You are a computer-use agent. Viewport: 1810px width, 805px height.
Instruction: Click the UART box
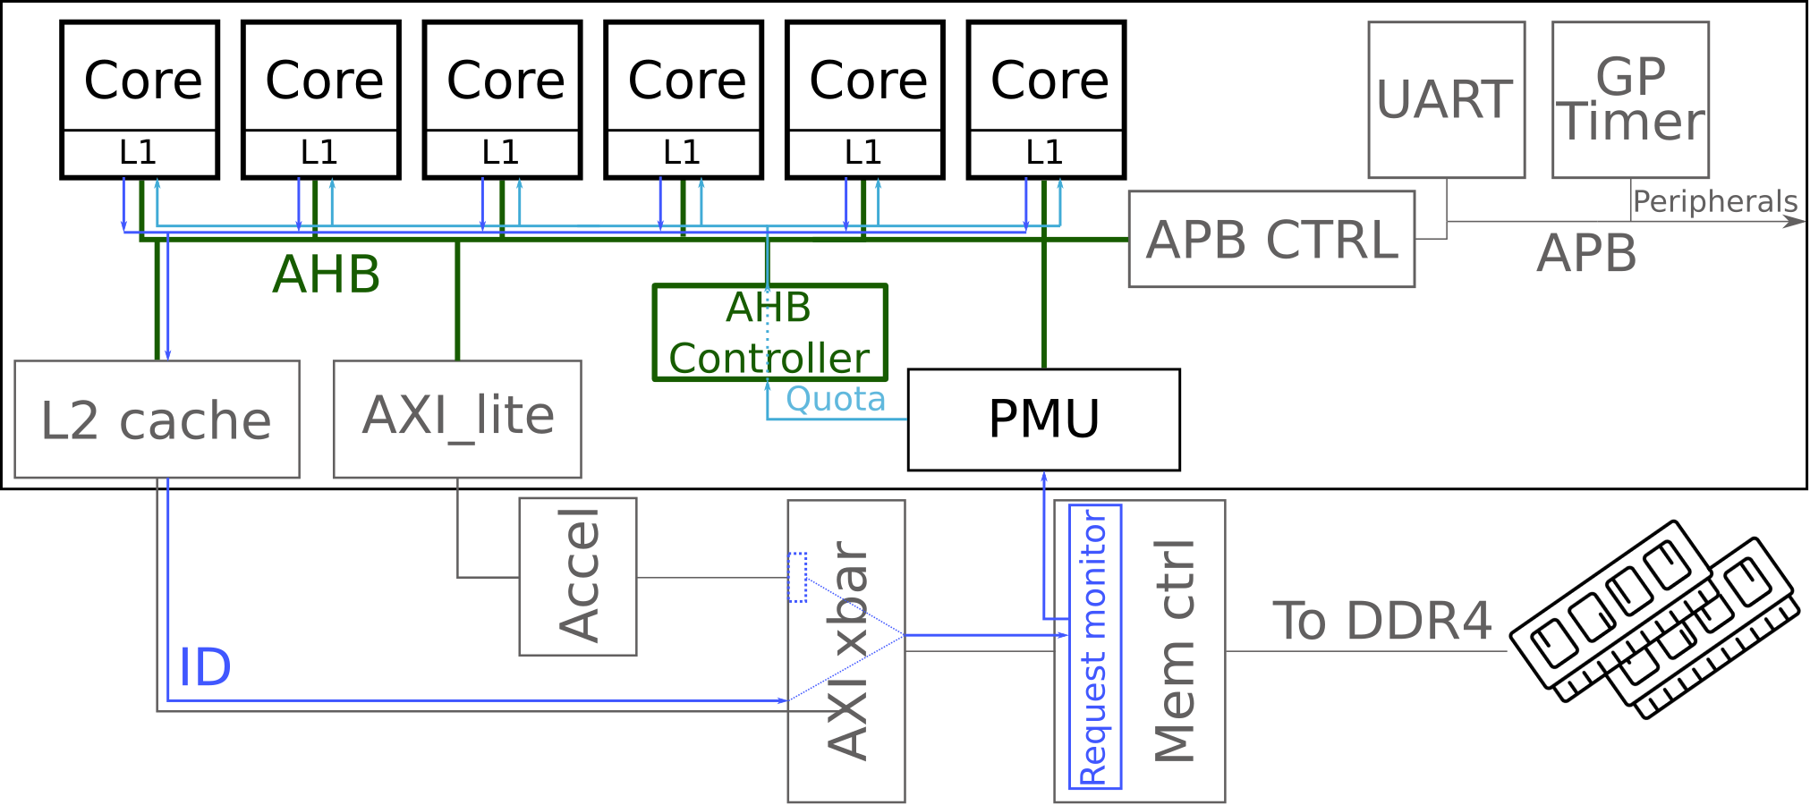1446,99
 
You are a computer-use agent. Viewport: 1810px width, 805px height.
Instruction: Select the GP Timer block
1630,99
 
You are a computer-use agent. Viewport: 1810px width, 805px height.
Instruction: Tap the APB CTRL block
1270,239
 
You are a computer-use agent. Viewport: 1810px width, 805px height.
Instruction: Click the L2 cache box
157,419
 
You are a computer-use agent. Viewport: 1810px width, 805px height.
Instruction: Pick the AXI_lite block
457,419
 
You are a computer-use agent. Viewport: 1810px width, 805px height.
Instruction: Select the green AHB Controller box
769,333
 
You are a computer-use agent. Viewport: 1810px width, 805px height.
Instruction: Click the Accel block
578,576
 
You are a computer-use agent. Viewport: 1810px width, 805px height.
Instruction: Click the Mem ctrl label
1175,650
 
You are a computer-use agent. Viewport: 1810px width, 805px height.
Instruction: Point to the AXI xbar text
847,650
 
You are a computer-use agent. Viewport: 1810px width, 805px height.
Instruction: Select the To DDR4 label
1381,621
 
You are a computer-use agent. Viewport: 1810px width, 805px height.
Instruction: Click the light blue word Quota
835,399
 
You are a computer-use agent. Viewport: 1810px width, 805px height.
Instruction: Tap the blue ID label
205,667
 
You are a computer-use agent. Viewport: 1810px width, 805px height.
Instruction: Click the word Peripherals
1714,202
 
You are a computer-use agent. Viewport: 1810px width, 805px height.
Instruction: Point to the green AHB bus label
327,274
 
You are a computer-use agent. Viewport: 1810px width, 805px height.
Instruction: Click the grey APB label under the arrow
1586,253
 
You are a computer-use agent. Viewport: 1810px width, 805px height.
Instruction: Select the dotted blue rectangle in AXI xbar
798,577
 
